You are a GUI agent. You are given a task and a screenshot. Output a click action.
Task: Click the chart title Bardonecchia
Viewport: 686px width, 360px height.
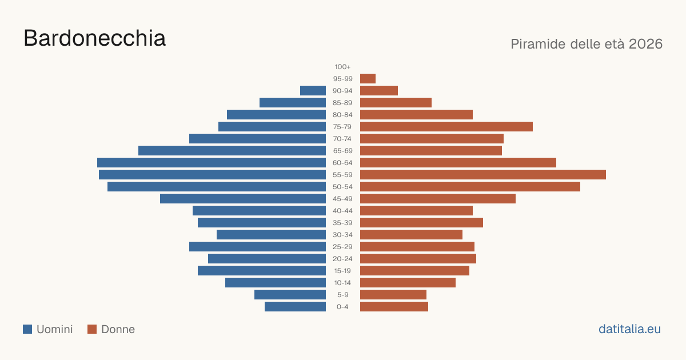point(95,38)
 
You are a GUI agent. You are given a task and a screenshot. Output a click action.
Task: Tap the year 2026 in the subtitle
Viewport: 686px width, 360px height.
point(645,44)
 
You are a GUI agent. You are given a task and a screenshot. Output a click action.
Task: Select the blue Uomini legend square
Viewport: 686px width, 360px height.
point(27,329)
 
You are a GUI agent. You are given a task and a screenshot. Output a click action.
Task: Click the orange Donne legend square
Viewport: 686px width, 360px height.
point(92,329)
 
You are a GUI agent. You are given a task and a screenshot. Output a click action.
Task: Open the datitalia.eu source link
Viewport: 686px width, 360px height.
point(629,329)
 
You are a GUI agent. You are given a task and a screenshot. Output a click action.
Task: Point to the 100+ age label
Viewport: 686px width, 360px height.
point(342,67)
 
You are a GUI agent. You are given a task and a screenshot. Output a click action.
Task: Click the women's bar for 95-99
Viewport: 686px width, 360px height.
point(368,79)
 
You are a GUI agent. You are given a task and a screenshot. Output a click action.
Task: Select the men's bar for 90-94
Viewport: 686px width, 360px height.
point(313,91)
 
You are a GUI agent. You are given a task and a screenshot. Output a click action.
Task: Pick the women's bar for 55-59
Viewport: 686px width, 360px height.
point(483,174)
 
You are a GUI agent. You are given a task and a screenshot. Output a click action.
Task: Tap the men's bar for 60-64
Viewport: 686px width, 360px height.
point(212,162)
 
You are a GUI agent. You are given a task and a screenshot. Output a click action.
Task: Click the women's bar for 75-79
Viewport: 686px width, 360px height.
point(446,126)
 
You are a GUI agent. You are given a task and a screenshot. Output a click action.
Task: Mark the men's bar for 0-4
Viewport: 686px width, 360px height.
point(295,306)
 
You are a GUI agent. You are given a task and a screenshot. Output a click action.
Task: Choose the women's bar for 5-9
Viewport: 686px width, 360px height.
point(393,294)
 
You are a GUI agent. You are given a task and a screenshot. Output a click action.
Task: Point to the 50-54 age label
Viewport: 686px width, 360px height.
point(342,187)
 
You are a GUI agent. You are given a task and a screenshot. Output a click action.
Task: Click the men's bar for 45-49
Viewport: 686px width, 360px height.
point(243,199)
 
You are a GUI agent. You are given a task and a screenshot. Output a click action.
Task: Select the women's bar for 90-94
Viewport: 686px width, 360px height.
point(379,91)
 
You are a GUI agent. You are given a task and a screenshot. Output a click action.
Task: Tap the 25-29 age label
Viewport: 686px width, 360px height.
point(342,247)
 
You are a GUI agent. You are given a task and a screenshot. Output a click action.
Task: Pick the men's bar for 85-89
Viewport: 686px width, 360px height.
point(293,102)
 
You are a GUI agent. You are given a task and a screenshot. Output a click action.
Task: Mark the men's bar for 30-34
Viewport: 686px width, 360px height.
point(272,234)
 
